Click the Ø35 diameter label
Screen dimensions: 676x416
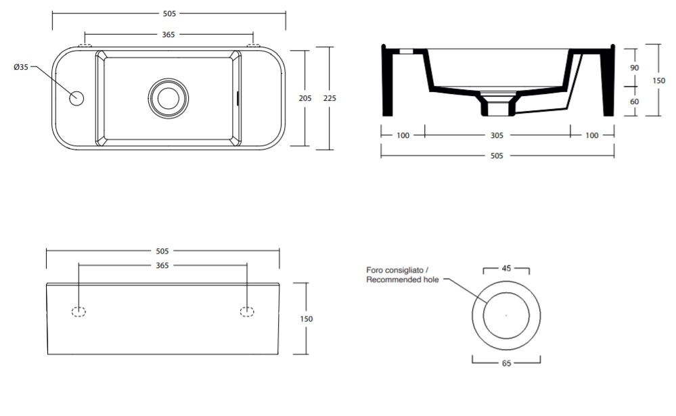click(21, 67)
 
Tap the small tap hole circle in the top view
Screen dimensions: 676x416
click(76, 98)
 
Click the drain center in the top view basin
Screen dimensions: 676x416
click(168, 98)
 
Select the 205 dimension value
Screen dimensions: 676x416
click(305, 98)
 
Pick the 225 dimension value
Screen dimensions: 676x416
click(330, 98)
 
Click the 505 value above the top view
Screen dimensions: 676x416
click(169, 14)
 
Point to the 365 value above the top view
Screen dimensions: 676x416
click(168, 34)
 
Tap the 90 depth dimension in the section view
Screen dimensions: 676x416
click(634, 68)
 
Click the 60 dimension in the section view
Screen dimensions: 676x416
click(634, 101)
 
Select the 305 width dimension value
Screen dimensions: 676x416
click(497, 135)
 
